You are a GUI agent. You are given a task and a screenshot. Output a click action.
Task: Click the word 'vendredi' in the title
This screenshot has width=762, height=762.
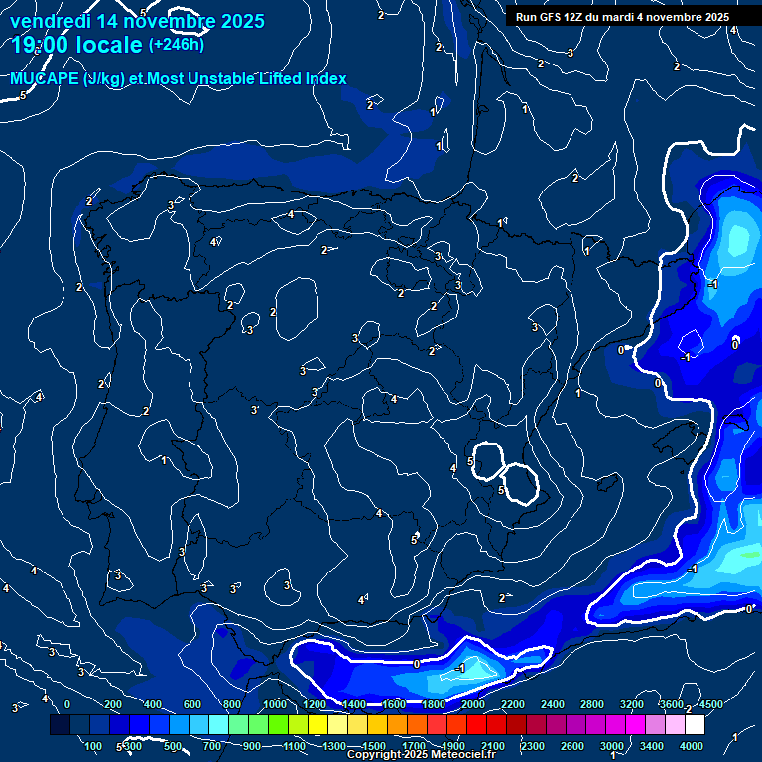51,20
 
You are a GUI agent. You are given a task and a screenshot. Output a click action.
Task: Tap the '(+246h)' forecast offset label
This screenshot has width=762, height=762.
178,45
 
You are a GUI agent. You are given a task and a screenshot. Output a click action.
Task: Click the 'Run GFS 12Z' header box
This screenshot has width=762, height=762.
622,17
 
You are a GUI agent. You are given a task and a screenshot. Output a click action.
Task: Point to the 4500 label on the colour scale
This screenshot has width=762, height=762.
710,704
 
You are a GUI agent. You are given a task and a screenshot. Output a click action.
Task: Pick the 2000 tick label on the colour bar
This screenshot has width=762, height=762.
473,704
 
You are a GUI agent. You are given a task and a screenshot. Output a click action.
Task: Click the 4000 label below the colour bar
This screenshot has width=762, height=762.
692,746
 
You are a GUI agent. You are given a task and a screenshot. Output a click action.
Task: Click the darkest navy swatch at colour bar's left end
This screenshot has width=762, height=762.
60,725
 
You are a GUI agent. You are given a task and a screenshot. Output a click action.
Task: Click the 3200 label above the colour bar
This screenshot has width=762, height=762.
632,704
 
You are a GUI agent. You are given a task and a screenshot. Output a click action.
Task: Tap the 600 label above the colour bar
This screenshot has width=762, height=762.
191,704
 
